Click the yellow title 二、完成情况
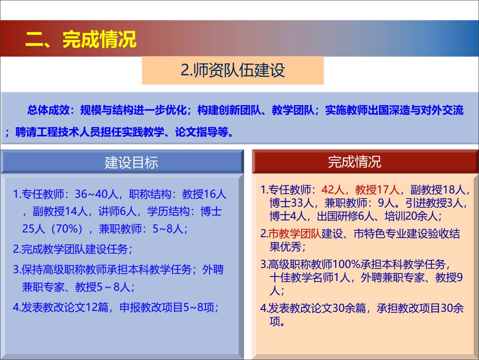pos(81,39)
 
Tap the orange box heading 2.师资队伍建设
pos(233,70)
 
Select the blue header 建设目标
pos(131,162)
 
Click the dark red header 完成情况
pos(355,162)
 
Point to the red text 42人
pos(333,189)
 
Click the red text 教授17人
pos(377,189)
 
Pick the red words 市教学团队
pos(295,234)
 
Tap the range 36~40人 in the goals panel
pos(97,194)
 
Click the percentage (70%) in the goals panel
pos(67,229)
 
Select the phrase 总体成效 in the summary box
pos(48,110)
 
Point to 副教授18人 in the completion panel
pos(438,189)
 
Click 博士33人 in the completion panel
pos(291,203)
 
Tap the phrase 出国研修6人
pos(349,216)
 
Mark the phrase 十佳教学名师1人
pos(310,277)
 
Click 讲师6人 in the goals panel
pos(117,211)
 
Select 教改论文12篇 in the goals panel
pos(75,307)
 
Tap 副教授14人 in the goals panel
pos(60,211)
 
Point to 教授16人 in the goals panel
pos(204,194)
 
